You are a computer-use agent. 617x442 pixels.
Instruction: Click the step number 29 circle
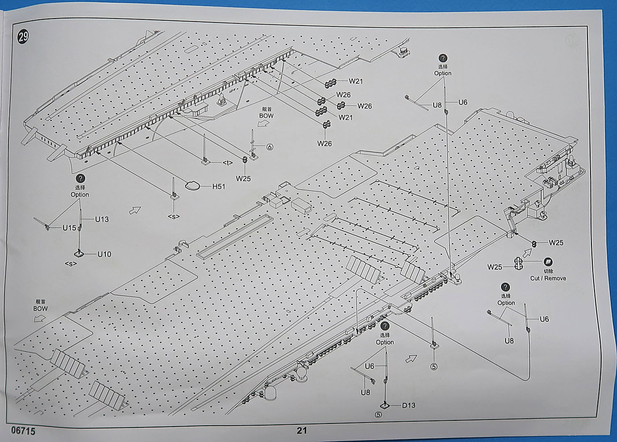pyautogui.click(x=23, y=37)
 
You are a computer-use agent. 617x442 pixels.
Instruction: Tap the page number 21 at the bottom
pyautogui.click(x=301, y=431)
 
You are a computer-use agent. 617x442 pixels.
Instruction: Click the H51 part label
pyautogui.click(x=219, y=186)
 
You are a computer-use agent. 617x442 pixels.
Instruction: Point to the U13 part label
pyautogui.click(x=102, y=219)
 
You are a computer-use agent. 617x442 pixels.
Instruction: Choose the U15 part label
pyautogui.click(x=69, y=228)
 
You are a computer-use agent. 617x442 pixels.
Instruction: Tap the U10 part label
pyautogui.click(x=104, y=254)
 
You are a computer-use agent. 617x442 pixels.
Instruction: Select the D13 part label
pyautogui.click(x=409, y=405)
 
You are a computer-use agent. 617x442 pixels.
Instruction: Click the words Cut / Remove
pyautogui.click(x=548, y=278)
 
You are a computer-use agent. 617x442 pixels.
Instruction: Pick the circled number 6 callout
pyautogui.click(x=270, y=147)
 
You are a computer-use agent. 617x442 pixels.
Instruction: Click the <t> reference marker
pyautogui.click(x=227, y=163)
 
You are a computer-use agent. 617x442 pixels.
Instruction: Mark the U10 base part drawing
pyautogui.click(x=79, y=253)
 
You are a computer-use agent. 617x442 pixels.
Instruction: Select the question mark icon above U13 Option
pyautogui.click(x=80, y=178)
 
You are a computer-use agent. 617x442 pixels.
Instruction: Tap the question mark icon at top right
pyautogui.click(x=442, y=58)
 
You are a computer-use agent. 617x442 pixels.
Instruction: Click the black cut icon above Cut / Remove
pyautogui.click(x=548, y=262)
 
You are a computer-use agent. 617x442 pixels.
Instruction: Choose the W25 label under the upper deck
pyautogui.click(x=243, y=178)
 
